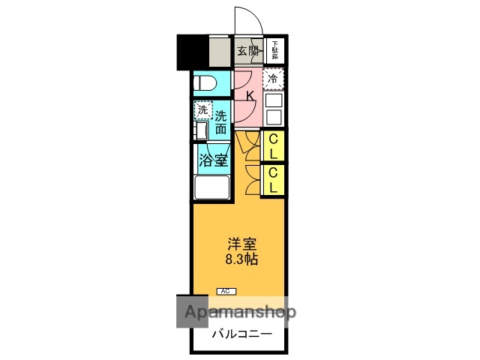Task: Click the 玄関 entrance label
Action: tap(248, 51)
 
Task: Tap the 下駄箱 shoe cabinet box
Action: tap(274, 50)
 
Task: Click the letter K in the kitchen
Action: tap(250, 94)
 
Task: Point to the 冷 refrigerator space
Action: tap(274, 78)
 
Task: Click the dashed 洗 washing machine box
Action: tap(202, 111)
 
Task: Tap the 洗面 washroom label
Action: tap(221, 121)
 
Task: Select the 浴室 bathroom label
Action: tap(213, 159)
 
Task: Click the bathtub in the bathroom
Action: tap(212, 187)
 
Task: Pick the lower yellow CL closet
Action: tap(274, 180)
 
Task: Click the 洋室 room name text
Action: tap(241, 244)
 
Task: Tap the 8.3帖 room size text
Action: tap(241, 260)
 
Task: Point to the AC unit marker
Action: tap(225, 290)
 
